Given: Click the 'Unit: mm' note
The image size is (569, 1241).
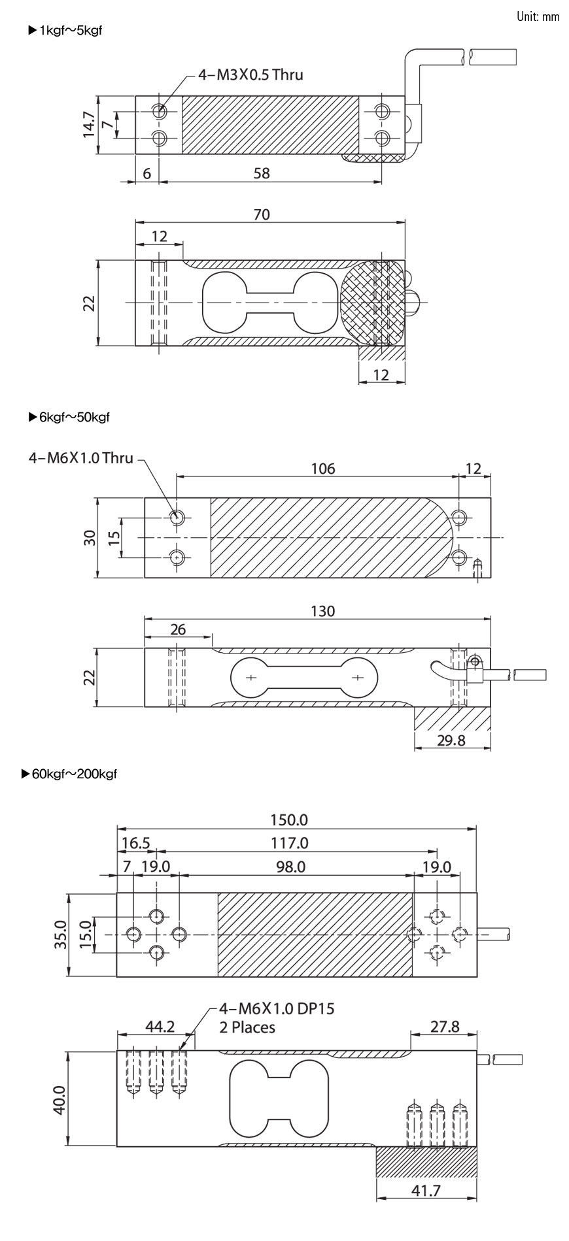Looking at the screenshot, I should [x=538, y=16].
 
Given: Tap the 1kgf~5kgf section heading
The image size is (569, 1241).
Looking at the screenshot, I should [x=65, y=30].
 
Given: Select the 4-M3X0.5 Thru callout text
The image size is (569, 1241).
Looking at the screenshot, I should [x=251, y=74].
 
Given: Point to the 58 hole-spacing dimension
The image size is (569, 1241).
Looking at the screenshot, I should [x=262, y=173].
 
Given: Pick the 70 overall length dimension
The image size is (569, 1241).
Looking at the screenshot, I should [x=260, y=214].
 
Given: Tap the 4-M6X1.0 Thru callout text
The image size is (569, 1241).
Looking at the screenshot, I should [x=80, y=457].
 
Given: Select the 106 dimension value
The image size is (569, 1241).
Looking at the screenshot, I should [x=323, y=469].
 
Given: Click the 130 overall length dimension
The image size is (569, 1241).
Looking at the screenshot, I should [x=323, y=611].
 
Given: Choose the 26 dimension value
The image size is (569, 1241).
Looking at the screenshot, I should [x=177, y=629].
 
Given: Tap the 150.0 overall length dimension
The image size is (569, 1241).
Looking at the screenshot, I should [x=289, y=819].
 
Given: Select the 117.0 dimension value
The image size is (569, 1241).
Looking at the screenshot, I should [x=289, y=843].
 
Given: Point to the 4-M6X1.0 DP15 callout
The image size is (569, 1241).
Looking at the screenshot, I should [x=277, y=1008].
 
